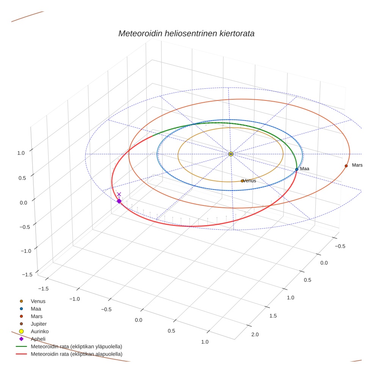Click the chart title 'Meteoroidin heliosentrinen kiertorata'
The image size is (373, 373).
[x=186, y=33]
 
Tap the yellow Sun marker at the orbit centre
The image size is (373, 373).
[x=231, y=154]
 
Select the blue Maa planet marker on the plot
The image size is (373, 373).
[x=296, y=169]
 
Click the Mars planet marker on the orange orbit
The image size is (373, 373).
[x=346, y=166]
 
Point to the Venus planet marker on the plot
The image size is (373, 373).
[x=242, y=181]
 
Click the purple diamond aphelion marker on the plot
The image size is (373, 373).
[x=119, y=201]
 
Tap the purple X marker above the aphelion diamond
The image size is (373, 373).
[x=119, y=194]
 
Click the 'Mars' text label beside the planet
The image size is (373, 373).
[x=357, y=165]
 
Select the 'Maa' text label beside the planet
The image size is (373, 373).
[x=305, y=169]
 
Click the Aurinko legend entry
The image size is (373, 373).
[x=39, y=331]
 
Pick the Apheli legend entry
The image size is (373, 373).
[x=38, y=339]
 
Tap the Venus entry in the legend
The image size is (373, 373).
[x=38, y=301]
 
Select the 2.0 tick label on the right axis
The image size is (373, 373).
[x=255, y=334]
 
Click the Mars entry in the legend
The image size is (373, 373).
[x=36, y=316]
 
